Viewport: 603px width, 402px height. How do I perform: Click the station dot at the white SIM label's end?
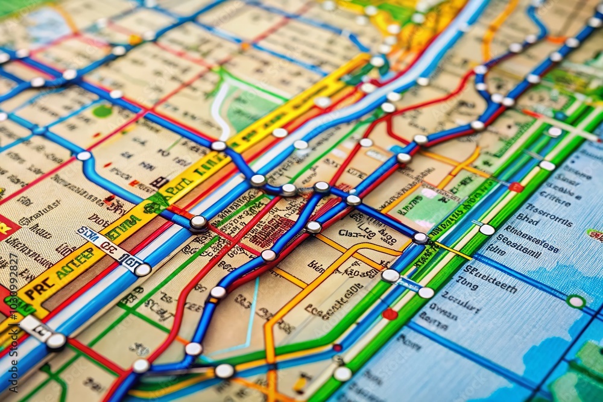click(143, 269)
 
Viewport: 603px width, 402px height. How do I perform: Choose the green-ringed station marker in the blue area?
click(576, 301)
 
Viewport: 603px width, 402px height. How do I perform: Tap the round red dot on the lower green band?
click(390, 314)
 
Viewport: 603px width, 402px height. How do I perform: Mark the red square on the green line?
click(516, 187)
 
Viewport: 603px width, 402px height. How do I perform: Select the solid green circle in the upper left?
click(103, 111)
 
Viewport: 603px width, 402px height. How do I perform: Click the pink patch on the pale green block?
click(429, 193)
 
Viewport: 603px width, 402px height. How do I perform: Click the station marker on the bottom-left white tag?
click(56, 341)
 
